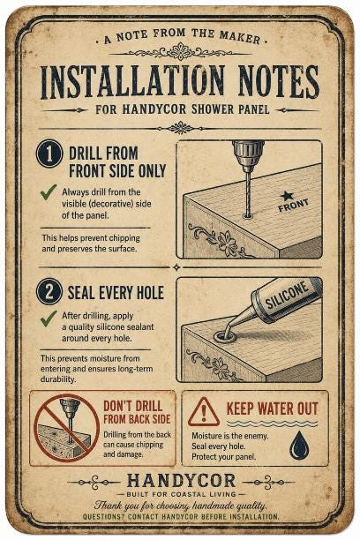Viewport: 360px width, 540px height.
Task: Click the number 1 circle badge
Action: coord(49,154)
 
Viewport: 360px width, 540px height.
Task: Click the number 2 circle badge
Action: coord(49,292)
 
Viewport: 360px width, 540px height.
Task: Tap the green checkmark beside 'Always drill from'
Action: coord(49,191)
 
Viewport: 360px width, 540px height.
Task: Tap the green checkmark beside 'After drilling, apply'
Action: coord(49,319)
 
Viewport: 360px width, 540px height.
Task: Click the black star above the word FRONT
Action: coord(287,196)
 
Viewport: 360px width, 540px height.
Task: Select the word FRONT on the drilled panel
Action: coord(293,206)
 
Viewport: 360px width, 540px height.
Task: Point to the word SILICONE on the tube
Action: coord(288,295)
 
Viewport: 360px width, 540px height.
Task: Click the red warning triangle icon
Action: coord(204,412)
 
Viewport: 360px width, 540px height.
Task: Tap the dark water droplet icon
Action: coord(299,445)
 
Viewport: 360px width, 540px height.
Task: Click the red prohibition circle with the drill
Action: coord(66,427)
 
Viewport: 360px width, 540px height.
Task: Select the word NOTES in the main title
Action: coord(278,82)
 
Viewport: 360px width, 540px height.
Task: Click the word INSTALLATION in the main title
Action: coord(132,82)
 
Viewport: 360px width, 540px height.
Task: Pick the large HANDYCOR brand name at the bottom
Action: coord(181,481)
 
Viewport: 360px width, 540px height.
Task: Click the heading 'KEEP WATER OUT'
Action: coord(272,409)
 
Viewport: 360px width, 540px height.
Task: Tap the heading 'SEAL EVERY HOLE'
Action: coord(116,293)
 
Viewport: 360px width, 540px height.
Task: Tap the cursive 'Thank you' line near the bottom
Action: coord(181,506)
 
